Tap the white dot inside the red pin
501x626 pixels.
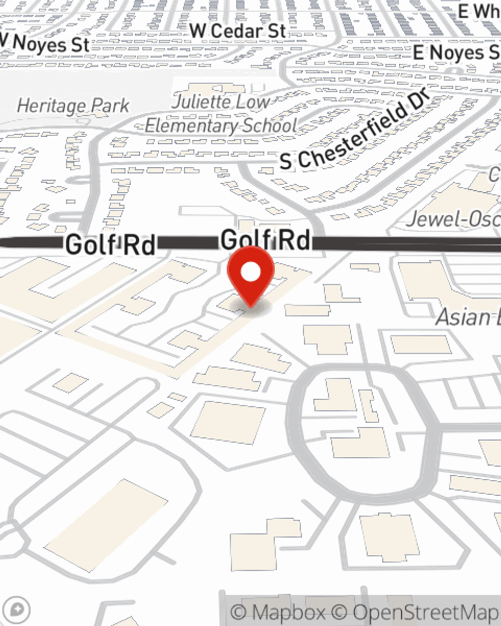coord(251,272)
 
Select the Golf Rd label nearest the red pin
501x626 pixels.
coord(265,239)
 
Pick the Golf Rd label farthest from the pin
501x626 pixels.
coord(110,245)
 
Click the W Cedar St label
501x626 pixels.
coord(237,31)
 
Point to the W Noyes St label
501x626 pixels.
coord(45,44)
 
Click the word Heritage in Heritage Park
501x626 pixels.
coord(51,106)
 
